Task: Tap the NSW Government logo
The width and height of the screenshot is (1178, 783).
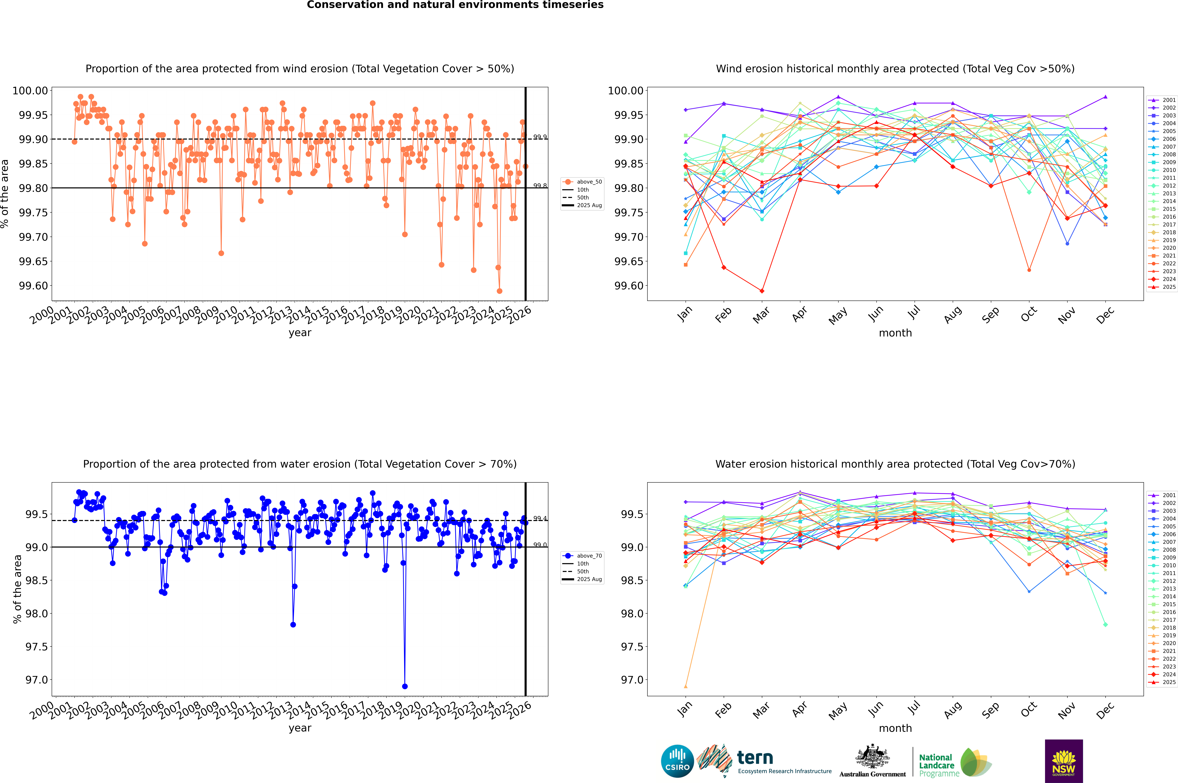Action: click(x=1064, y=761)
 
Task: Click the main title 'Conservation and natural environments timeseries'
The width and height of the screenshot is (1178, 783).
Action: click(x=455, y=5)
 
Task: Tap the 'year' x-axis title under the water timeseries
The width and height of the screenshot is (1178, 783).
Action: click(x=300, y=728)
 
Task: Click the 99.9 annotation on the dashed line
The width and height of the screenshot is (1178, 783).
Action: click(x=540, y=137)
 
